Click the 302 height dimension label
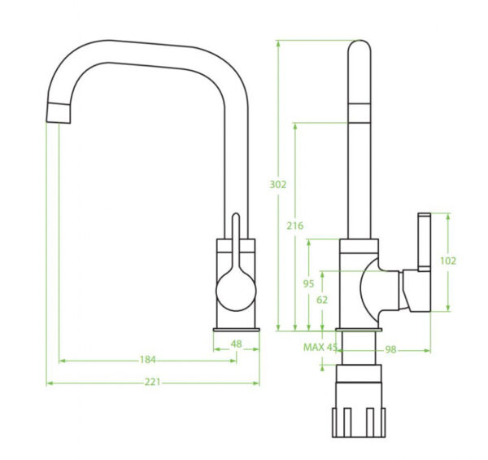278,185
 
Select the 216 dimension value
295,226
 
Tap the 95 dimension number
309,283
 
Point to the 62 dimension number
322,300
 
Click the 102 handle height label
448,261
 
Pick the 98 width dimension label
391,350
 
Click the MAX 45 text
320,347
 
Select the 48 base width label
236,344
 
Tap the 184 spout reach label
147,360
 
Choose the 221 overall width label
153,382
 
